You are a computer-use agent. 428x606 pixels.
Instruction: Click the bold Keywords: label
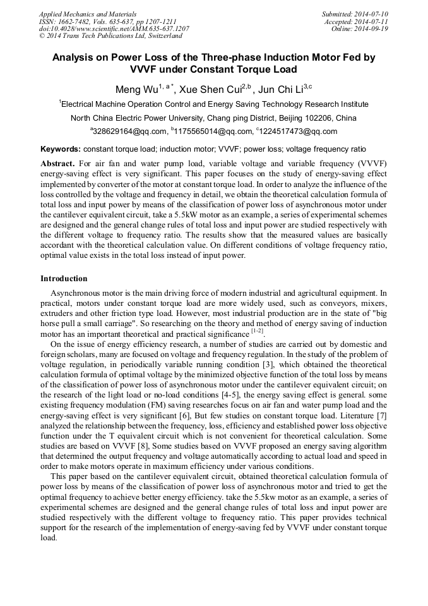(x=61, y=149)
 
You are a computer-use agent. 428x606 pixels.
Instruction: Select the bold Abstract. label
(x=57, y=163)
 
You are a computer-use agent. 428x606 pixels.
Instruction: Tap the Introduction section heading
(x=64, y=279)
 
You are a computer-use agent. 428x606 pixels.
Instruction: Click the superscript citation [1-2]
(x=257, y=330)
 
